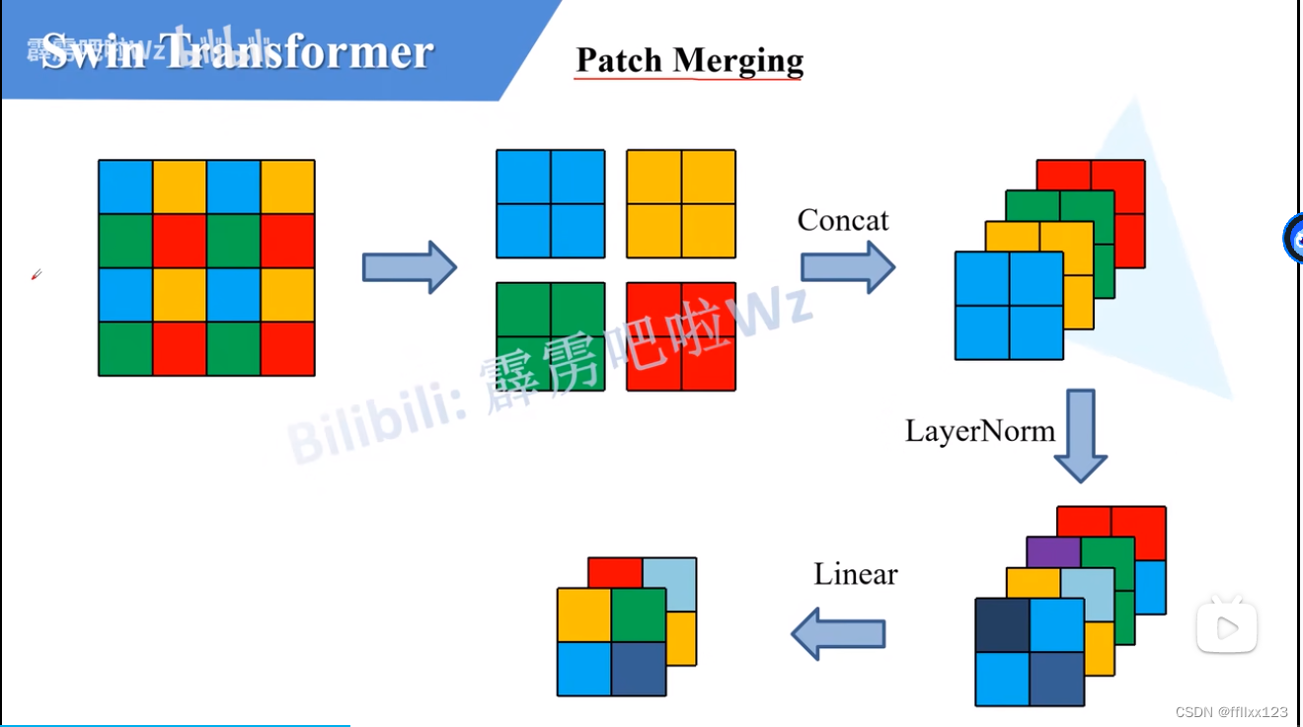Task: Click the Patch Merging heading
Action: (x=689, y=60)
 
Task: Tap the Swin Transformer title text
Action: (x=237, y=51)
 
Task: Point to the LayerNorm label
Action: (x=979, y=431)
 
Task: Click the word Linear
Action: (x=856, y=574)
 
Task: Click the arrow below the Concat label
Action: (x=847, y=267)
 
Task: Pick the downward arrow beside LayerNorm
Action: (x=1080, y=435)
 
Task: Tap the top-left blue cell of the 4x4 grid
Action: (x=125, y=186)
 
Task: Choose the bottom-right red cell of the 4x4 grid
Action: (x=287, y=348)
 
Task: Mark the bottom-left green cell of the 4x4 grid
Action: (x=125, y=348)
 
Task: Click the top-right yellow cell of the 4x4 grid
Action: (x=287, y=186)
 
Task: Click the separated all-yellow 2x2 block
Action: (x=681, y=203)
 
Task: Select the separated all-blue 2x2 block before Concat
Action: (x=550, y=203)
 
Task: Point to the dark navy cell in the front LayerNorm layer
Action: (x=1002, y=624)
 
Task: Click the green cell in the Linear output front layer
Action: (x=638, y=615)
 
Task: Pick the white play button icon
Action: (x=1227, y=626)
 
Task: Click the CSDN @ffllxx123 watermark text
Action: (x=1232, y=711)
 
